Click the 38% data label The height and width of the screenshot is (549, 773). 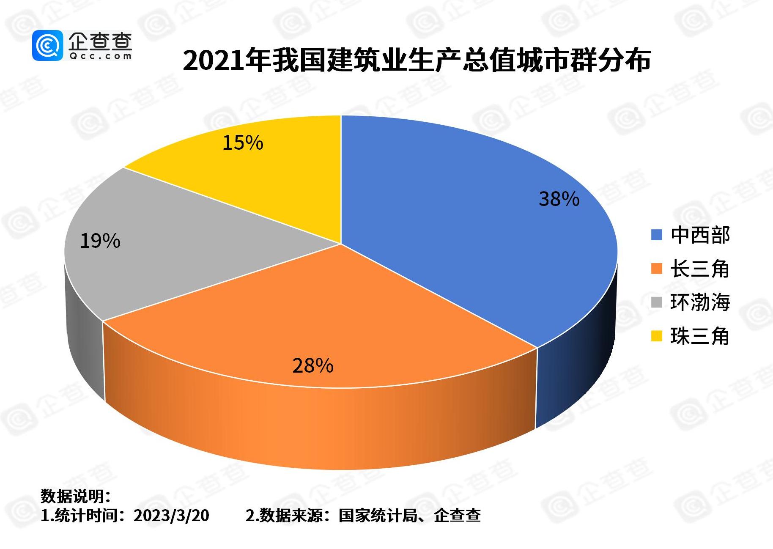click(559, 199)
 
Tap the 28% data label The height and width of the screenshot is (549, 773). click(312, 366)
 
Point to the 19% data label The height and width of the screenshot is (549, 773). click(100, 241)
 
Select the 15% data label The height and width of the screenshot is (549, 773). click(243, 143)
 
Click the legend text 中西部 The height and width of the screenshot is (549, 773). click(700, 235)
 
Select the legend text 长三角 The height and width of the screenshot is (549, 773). click(700, 269)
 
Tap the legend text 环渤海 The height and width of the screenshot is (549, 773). click(700, 302)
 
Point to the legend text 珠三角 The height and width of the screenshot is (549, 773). click(700, 336)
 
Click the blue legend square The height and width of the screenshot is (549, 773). click(656, 235)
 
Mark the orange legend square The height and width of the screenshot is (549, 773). click(656, 269)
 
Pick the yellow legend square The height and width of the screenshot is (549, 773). click(656, 336)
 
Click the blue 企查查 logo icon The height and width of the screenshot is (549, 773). click(47, 45)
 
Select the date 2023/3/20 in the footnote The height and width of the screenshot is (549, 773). click(171, 515)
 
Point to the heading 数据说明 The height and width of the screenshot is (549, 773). click(74, 496)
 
